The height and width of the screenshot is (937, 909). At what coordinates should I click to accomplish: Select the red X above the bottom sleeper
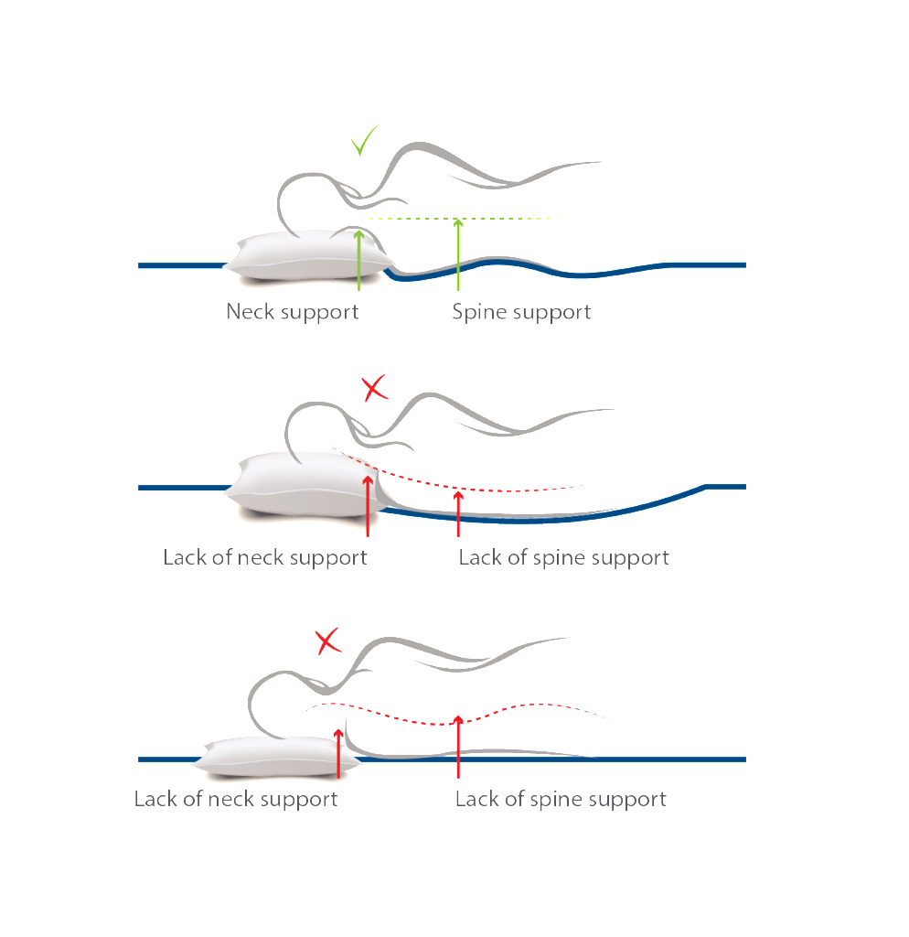[326, 641]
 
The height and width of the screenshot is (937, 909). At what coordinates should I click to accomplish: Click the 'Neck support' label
[292, 312]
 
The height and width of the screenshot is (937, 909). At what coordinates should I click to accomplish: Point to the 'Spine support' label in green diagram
[521, 312]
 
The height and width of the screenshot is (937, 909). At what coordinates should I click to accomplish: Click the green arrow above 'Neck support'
[358, 261]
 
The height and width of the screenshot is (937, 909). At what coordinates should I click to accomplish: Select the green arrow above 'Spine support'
[458, 254]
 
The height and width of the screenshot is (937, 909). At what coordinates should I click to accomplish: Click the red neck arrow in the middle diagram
[367, 503]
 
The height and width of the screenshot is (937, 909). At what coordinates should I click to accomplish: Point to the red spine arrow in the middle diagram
[458, 512]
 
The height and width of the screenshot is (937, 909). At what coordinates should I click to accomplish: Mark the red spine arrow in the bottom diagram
[458, 746]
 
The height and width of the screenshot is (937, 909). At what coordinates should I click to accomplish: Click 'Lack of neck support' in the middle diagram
[264, 557]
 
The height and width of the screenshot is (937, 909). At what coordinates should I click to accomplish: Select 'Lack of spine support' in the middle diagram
[563, 557]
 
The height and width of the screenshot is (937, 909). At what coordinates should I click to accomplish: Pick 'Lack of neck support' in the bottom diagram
[236, 799]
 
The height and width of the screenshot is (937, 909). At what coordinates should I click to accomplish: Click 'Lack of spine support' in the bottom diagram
[561, 799]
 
